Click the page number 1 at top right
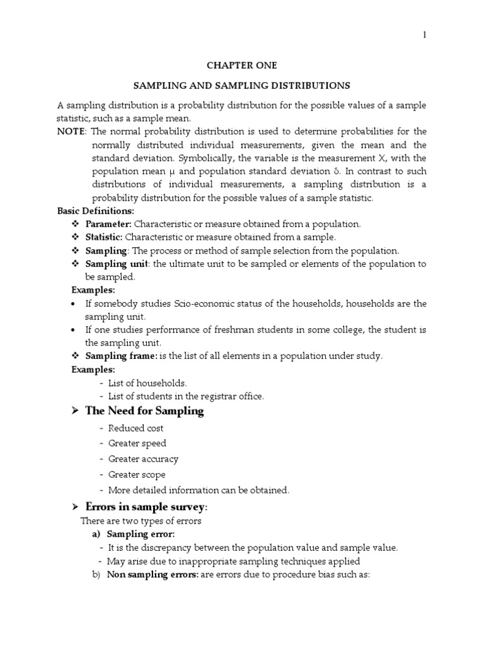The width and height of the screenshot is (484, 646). tap(425, 35)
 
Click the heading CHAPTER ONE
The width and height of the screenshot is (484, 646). tap(242, 65)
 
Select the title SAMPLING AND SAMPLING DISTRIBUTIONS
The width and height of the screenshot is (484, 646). tap(242, 85)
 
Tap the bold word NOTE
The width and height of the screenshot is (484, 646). tap(70, 131)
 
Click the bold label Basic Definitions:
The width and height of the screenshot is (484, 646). tap(96, 211)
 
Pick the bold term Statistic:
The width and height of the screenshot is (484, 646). tap(105, 237)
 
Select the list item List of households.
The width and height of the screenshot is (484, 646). tap(147, 383)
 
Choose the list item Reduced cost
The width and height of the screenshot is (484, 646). tap(135, 428)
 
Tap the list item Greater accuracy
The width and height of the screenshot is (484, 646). tap(143, 459)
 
